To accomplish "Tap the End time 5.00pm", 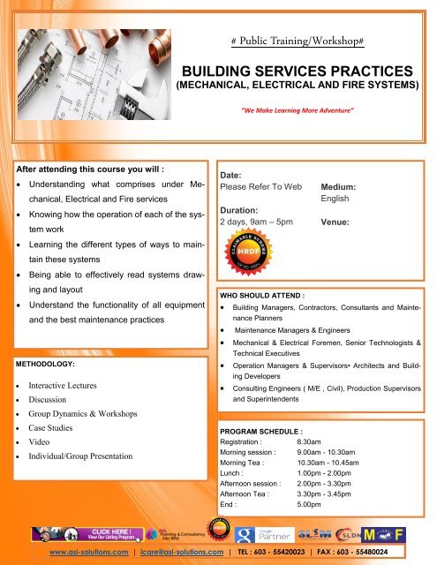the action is pos(312,506).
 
